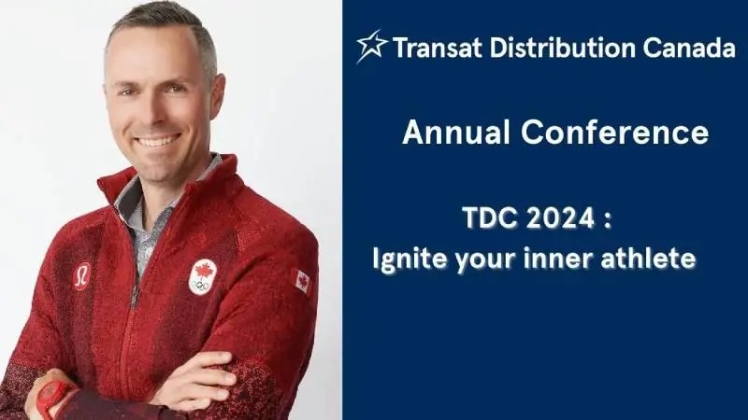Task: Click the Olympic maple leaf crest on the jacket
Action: tap(202, 277)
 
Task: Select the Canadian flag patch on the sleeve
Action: tap(301, 281)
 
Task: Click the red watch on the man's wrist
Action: tap(54, 397)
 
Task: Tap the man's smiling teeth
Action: tap(156, 140)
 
